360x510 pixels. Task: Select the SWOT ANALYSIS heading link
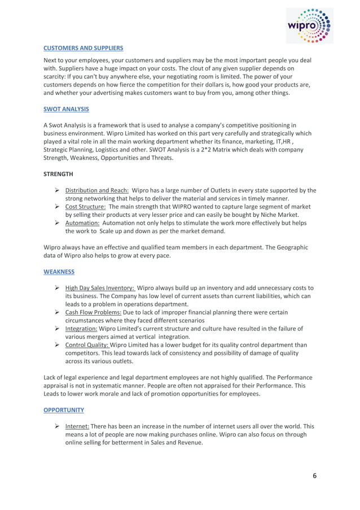click(66, 109)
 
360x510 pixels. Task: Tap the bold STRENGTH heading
click(59, 175)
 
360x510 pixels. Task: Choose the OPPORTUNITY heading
click(64, 409)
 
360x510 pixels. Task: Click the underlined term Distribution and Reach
click(97, 190)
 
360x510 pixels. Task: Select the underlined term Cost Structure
click(85, 207)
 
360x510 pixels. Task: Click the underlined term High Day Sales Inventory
click(100, 287)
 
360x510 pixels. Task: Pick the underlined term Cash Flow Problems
click(93, 312)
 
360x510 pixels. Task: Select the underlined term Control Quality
click(87, 345)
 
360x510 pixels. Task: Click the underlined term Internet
click(77, 426)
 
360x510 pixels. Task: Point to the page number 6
click(315, 476)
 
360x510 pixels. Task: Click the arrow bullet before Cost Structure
click(58, 207)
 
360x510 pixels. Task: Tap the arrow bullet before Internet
click(58, 426)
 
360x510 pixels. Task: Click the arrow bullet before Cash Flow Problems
click(58, 312)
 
